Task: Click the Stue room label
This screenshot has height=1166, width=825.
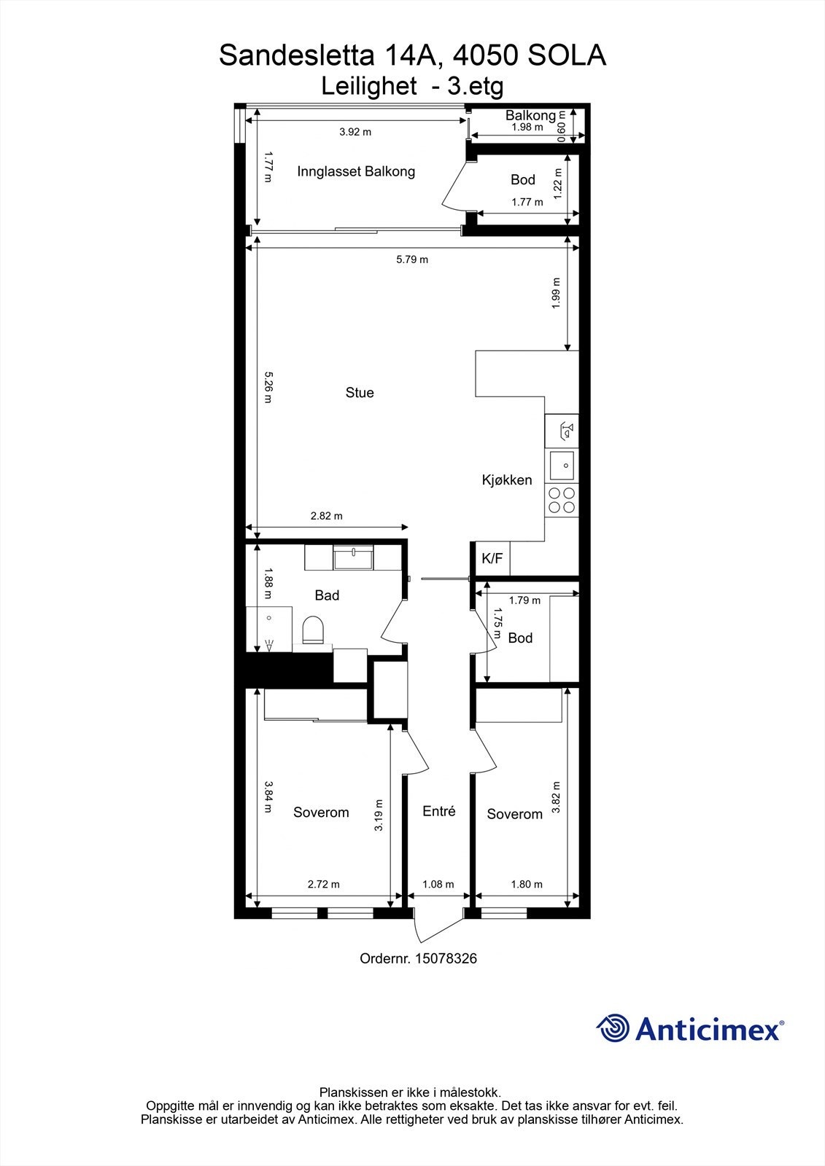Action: click(x=360, y=393)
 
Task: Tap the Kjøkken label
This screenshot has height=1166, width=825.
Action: click(x=507, y=480)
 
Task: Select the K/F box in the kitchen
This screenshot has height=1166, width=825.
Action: click(x=492, y=559)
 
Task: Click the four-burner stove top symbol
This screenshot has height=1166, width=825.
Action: click(x=562, y=500)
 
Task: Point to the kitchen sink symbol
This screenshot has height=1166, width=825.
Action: click(x=562, y=463)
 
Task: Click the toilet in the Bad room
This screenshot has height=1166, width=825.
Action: click(x=313, y=629)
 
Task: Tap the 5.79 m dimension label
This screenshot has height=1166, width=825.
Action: click(x=412, y=259)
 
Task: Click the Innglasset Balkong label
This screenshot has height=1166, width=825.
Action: click(x=356, y=171)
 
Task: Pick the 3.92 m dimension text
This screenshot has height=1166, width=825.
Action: click(x=355, y=132)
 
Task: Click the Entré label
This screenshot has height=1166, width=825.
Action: click(x=439, y=811)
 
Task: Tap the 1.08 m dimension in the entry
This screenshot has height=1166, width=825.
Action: click(x=438, y=884)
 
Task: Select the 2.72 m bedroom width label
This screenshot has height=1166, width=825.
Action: click(x=324, y=884)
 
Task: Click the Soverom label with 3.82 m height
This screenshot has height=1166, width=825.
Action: click(x=515, y=814)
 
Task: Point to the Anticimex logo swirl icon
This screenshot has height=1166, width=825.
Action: click(x=613, y=1028)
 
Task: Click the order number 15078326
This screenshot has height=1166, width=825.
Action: click(x=446, y=958)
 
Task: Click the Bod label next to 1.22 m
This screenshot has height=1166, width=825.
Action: click(x=523, y=179)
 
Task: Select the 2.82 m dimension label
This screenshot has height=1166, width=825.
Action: click(x=326, y=516)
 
